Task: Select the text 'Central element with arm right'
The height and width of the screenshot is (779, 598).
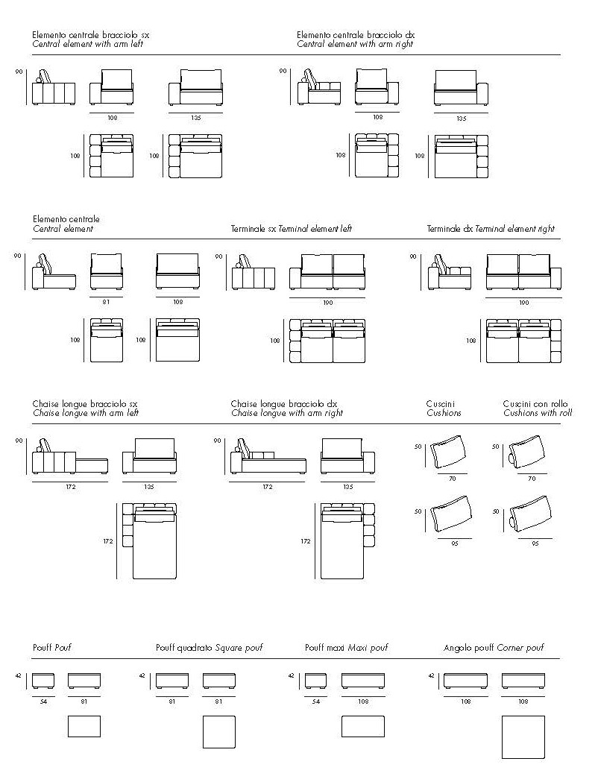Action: pos(355,45)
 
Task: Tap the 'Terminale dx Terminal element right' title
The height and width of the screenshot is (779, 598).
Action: pos(491,229)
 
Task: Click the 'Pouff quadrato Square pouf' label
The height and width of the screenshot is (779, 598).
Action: pos(210,648)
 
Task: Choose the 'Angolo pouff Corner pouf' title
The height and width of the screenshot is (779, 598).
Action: pos(494,648)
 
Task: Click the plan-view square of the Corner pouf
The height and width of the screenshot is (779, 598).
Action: pos(523,737)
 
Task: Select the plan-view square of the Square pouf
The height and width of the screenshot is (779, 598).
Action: pos(218,732)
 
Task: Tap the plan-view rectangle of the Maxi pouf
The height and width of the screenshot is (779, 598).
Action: pos(362,726)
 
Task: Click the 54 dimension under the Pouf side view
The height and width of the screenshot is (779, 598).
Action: pos(43,701)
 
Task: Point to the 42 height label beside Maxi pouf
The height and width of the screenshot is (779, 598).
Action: pos(290,676)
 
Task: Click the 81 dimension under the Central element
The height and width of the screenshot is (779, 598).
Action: pos(106,302)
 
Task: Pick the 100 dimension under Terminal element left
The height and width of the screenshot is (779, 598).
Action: pos(328,303)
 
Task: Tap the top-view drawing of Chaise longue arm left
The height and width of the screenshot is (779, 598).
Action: pos(154,540)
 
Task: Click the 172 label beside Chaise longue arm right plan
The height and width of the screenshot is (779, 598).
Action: pos(304,542)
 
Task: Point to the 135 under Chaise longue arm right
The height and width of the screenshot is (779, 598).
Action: pos(347,487)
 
